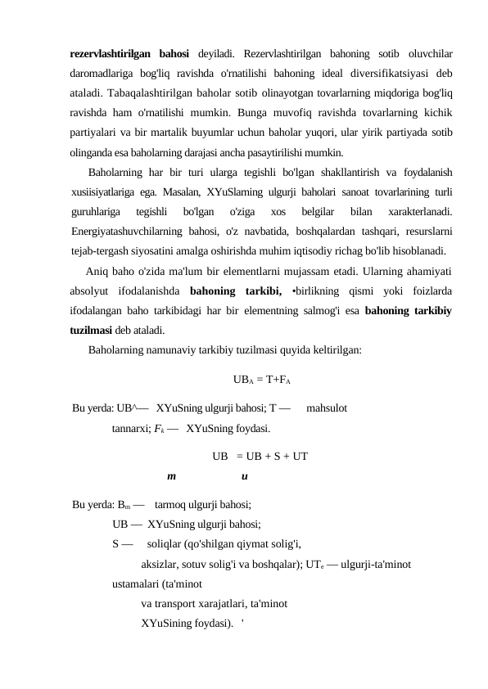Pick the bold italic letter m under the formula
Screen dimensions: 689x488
pos(171,476)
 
